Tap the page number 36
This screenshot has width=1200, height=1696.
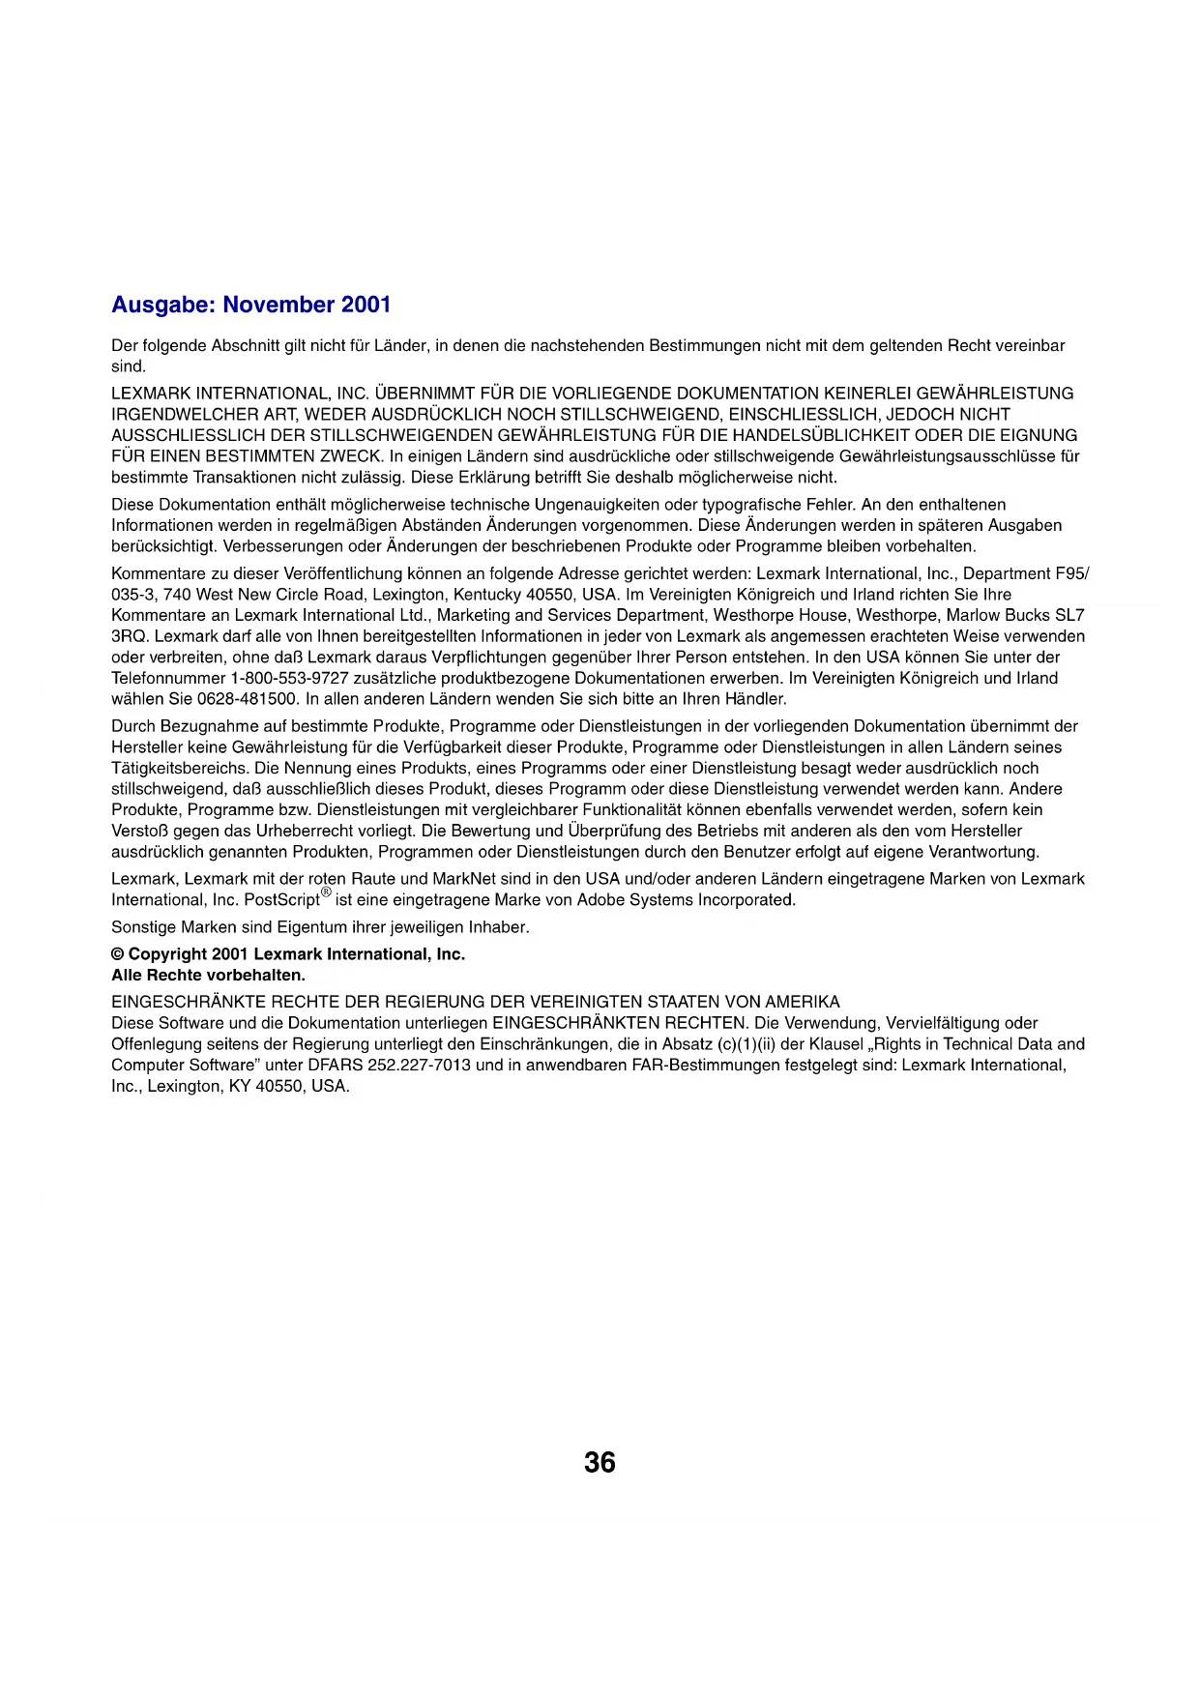[600, 1462]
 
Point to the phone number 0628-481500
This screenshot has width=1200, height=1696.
[248, 699]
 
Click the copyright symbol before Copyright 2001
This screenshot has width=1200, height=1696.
[117, 954]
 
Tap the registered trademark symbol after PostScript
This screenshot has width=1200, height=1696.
[326, 892]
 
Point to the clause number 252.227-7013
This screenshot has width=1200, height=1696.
[424, 1066]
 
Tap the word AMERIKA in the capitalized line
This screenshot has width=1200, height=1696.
[802, 1002]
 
